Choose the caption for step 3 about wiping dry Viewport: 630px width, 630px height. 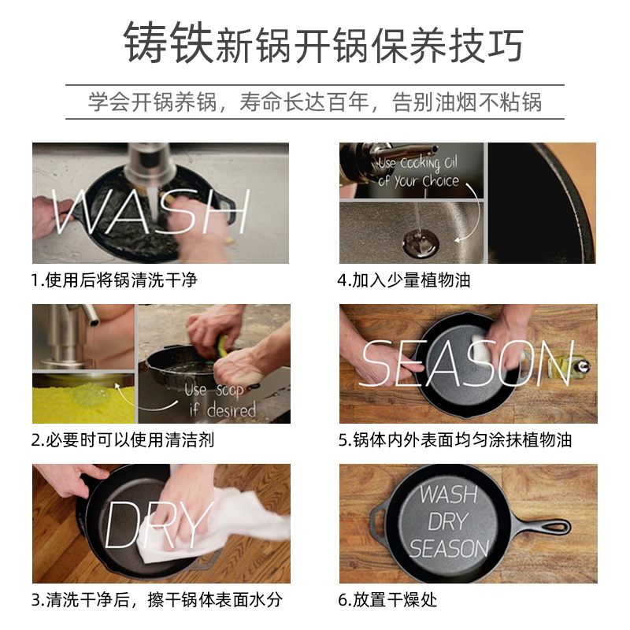pyautogui.click(x=157, y=599)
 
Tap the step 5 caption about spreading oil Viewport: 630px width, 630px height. pyautogui.click(x=455, y=439)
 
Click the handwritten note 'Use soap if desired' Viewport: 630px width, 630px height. pyautogui.click(x=220, y=401)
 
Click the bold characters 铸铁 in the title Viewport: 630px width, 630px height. pyautogui.click(x=169, y=43)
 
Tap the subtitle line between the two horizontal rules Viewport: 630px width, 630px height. pyautogui.click(x=315, y=102)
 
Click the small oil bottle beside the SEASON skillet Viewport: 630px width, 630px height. pyautogui.click(x=584, y=367)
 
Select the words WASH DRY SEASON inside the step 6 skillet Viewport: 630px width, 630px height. pyautogui.click(x=448, y=521)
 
